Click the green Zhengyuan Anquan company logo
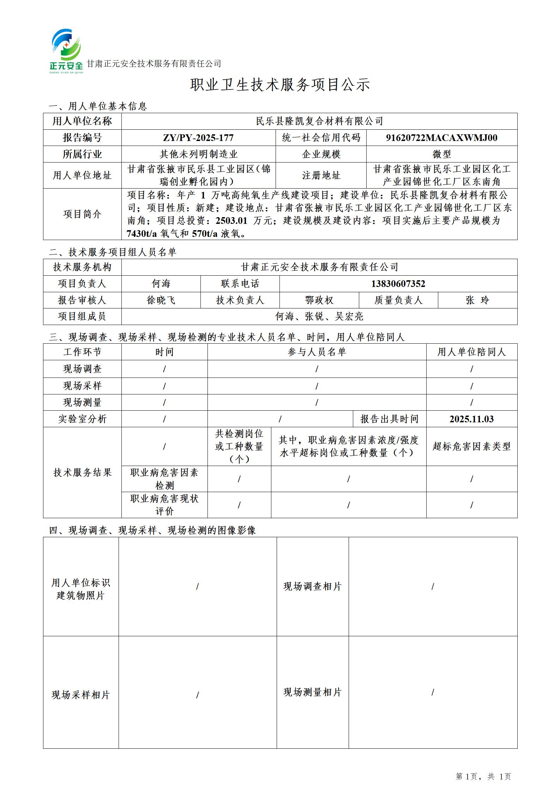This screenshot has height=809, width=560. click(x=67, y=51)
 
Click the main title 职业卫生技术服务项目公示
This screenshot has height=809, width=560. click(x=280, y=85)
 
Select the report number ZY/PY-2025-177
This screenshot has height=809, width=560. click(x=198, y=138)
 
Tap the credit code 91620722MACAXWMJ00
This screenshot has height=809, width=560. click(x=441, y=138)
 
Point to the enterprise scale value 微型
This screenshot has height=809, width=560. click(x=441, y=154)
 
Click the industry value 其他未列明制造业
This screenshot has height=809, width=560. click(x=198, y=154)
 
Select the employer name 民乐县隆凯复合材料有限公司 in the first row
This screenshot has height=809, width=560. click(x=319, y=121)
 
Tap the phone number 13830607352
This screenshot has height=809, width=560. click(x=398, y=284)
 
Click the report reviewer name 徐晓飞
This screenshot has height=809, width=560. click(x=161, y=300)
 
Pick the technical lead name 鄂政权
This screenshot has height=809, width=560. click(x=319, y=300)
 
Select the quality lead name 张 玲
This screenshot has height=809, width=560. click(x=477, y=300)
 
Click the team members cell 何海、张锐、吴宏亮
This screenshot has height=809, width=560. click(x=319, y=317)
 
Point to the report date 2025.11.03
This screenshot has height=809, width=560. click(x=471, y=419)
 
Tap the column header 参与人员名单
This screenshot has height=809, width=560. click(x=317, y=352)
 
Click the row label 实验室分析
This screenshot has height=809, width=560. click(x=82, y=419)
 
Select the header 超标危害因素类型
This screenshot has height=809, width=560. click(x=471, y=447)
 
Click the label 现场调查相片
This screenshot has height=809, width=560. click(x=312, y=587)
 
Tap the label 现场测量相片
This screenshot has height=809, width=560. click(x=312, y=692)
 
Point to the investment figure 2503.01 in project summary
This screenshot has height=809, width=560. click(x=231, y=221)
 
